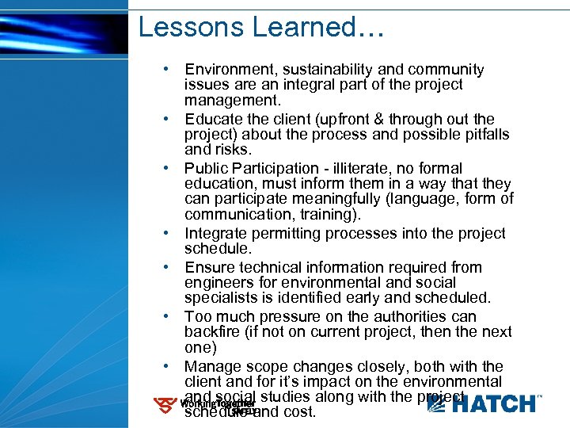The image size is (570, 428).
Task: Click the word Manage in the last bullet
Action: [211, 366]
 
